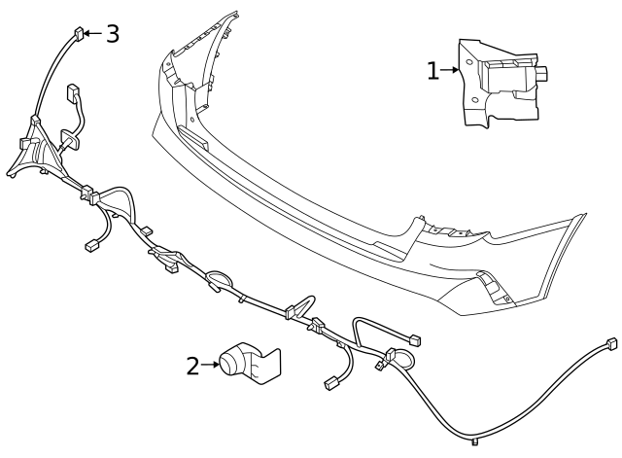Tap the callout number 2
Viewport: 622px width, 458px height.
point(192,367)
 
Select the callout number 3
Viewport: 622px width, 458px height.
point(113,33)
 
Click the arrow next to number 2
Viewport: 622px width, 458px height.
point(210,366)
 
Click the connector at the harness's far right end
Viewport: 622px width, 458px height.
point(609,343)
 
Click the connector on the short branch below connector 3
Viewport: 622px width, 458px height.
point(74,95)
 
